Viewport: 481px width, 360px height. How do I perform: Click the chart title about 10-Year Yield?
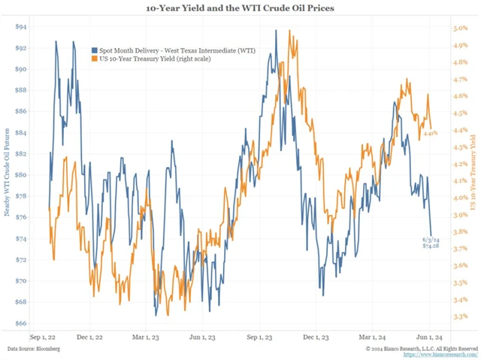point(240,8)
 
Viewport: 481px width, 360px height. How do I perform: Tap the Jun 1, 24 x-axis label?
point(431,337)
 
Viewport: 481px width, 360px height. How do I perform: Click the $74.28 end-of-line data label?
point(430,246)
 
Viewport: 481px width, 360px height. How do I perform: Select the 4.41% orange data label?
point(430,133)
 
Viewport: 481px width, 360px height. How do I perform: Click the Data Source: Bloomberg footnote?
point(35,349)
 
